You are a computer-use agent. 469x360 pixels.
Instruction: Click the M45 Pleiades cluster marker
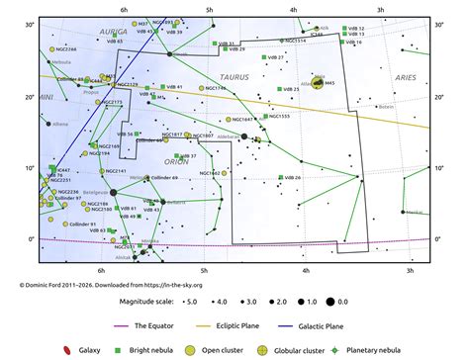pyautogui.click(x=318, y=83)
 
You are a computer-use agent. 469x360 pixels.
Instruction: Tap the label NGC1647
pyautogui.click(x=240, y=119)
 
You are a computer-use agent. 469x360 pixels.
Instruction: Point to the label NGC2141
pyautogui.click(x=115, y=171)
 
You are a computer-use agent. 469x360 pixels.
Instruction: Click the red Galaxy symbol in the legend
pyautogui.click(x=66, y=349)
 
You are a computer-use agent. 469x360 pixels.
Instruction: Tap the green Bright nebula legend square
pyautogui.click(x=123, y=349)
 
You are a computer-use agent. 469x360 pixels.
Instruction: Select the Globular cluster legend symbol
pyautogui.click(x=261, y=349)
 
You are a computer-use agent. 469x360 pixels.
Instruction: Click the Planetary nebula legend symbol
pyautogui.click(x=337, y=349)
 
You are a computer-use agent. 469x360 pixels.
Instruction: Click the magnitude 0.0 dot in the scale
pyautogui.click(x=342, y=299)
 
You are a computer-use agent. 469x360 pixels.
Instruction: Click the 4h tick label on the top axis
pyautogui.click(x=294, y=9)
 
